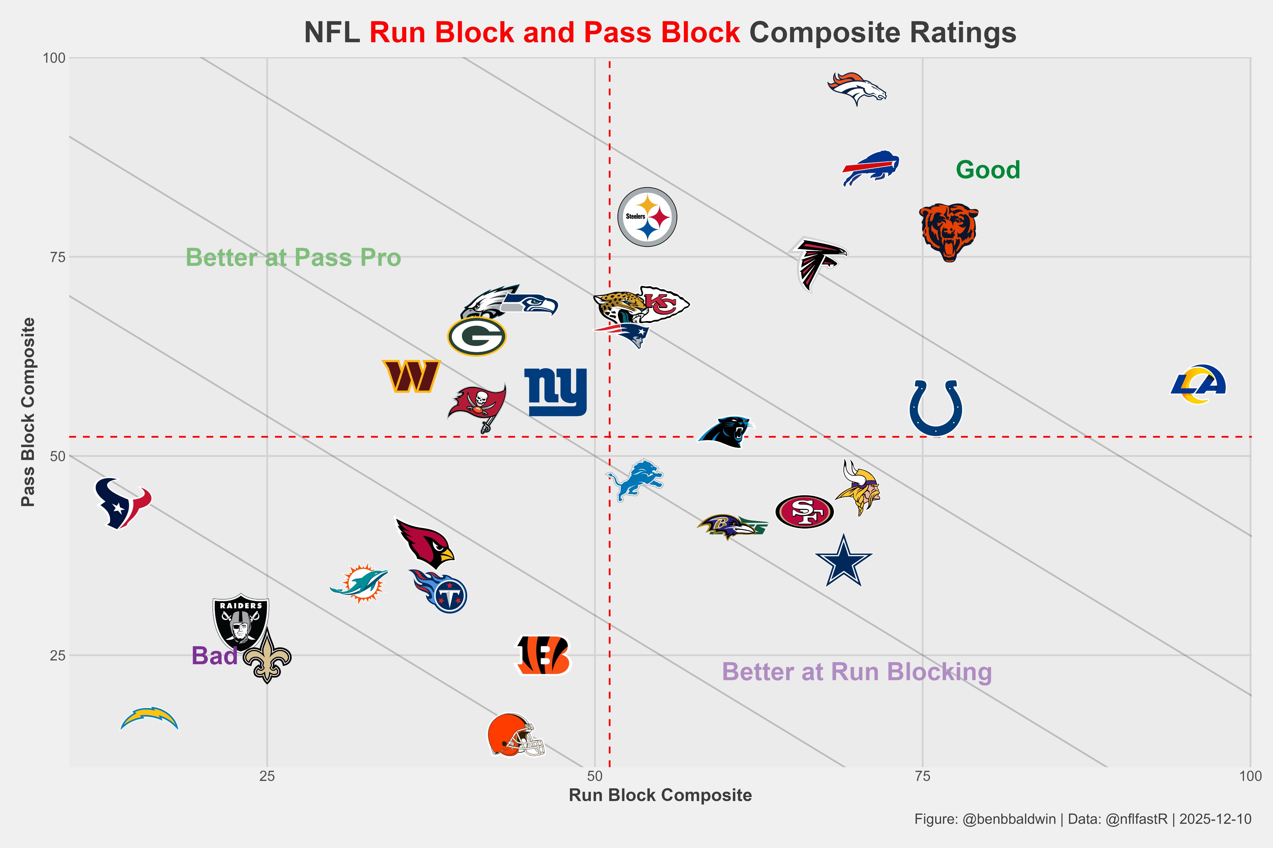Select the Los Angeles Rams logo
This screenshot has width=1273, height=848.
[1198, 384]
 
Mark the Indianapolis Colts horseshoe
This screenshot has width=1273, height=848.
[935, 407]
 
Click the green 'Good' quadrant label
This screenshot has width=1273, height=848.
[988, 170]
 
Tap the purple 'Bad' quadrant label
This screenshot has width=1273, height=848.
[214, 656]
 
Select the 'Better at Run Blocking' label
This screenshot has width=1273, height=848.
[857, 672]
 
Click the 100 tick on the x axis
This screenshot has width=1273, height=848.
[1250, 777]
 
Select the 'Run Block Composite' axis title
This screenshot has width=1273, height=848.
[660, 795]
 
